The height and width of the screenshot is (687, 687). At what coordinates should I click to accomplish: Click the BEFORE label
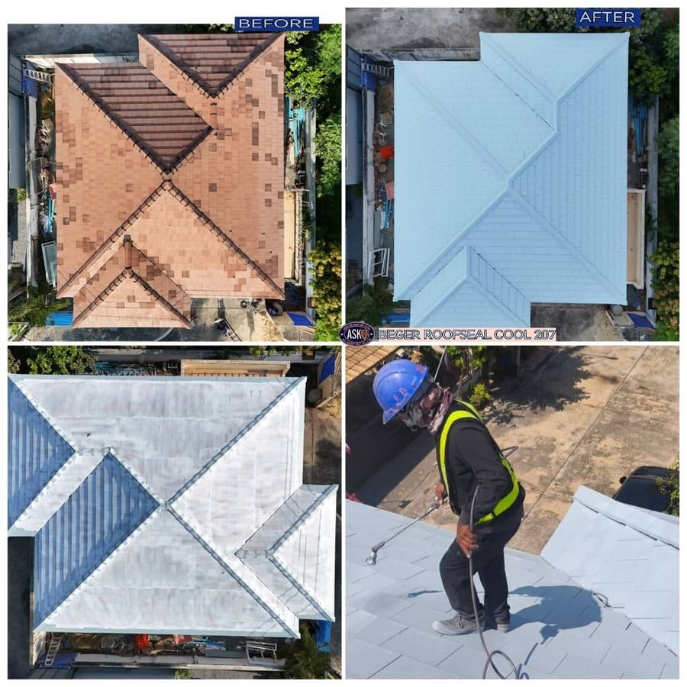(277, 23)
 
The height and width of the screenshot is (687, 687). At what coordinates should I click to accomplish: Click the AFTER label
(608, 18)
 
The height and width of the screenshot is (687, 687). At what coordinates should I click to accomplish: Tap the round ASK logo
(356, 334)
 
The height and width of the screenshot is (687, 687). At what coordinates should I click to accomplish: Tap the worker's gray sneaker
(453, 624)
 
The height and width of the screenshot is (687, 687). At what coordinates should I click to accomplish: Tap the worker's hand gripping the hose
(466, 540)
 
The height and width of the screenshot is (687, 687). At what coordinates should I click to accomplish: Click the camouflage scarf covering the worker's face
(427, 408)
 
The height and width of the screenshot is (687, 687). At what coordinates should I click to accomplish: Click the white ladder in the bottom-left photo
(53, 650)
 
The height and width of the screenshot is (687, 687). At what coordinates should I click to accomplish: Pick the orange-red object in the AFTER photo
(386, 152)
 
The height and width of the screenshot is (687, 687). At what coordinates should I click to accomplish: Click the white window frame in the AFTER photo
(379, 263)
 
